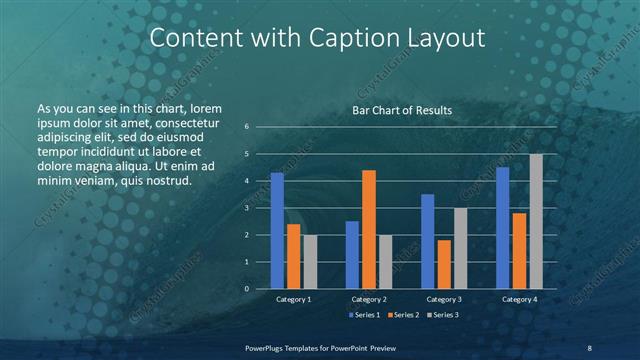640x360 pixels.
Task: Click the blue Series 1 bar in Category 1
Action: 277,231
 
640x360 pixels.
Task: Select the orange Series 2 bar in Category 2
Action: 368,229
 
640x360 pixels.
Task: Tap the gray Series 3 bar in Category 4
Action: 536,221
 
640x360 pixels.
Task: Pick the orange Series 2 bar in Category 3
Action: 443,264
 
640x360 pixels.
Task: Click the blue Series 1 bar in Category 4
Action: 503,228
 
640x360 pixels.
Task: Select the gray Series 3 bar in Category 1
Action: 309,262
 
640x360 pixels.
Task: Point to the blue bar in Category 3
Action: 427,241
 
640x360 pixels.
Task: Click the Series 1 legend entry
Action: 365,315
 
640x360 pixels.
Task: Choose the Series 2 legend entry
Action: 403,315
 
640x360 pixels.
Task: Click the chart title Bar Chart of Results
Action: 402,110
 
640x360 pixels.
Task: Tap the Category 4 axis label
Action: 519,299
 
